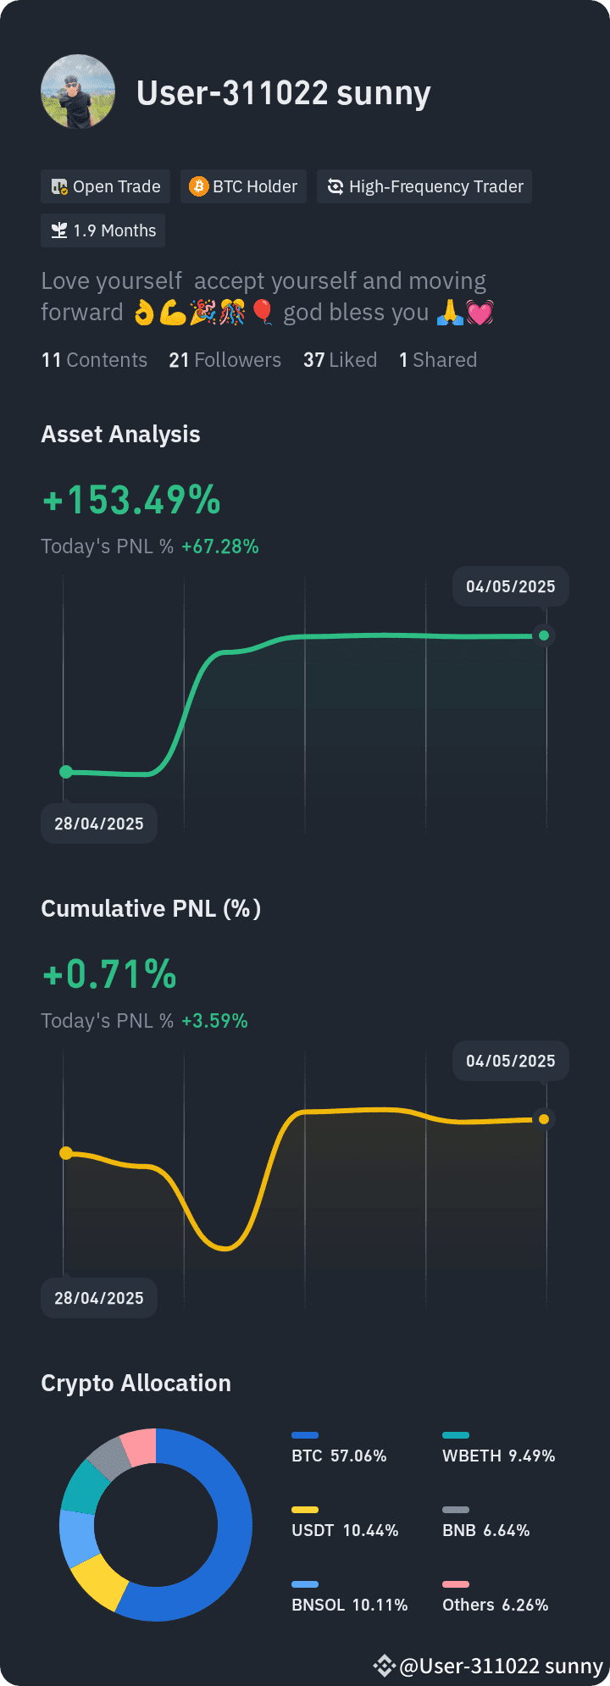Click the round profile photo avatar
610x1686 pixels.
(78, 92)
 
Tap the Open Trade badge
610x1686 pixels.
(106, 186)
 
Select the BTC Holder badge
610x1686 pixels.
(243, 186)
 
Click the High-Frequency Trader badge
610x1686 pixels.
(424, 186)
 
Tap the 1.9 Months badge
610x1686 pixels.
(103, 230)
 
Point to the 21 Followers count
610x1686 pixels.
(225, 360)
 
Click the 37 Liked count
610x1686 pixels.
(340, 360)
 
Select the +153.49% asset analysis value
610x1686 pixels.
(131, 500)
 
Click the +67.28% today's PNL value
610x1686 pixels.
(220, 546)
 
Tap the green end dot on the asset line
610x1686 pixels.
(544, 635)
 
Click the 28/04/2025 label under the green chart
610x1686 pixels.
(99, 824)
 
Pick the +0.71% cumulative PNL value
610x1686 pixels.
(109, 974)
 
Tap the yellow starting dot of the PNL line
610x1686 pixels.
(66, 1153)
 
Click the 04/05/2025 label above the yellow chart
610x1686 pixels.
(511, 1061)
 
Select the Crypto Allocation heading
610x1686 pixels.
(136, 1383)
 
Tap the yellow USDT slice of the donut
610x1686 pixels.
(98, 1580)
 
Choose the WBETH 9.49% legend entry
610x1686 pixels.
(498, 1448)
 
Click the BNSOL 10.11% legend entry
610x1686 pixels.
(349, 1597)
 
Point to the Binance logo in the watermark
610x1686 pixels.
(384, 1666)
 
